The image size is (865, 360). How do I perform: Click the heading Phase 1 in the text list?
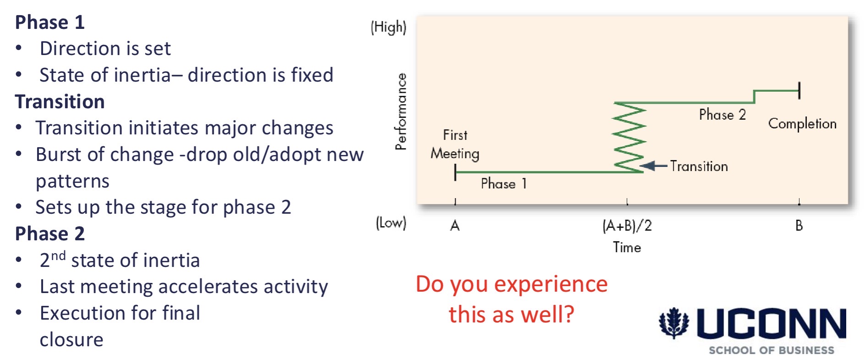pyautogui.click(x=50, y=22)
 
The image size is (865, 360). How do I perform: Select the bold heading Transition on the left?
pyautogui.click(x=60, y=102)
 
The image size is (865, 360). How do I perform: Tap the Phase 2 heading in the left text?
pyautogui.click(x=50, y=234)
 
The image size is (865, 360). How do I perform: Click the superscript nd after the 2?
pyautogui.click(x=58, y=256)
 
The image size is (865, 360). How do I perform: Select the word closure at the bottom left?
pyautogui.click(x=71, y=340)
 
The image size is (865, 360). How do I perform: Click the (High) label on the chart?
pyautogui.click(x=388, y=28)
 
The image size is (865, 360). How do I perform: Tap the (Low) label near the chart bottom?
pyautogui.click(x=391, y=223)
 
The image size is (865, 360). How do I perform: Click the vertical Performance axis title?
pyautogui.click(x=401, y=111)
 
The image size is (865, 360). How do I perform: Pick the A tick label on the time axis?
pyautogui.click(x=455, y=226)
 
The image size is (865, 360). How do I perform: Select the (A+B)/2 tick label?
pyautogui.click(x=627, y=226)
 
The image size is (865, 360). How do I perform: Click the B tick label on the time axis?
pyautogui.click(x=799, y=226)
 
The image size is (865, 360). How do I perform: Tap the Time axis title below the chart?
pyautogui.click(x=627, y=248)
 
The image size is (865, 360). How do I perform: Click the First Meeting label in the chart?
pyautogui.click(x=455, y=144)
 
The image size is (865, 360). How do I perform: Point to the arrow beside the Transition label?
pyautogui.click(x=653, y=166)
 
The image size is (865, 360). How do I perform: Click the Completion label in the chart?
pyautogui.click(x=802, y=124)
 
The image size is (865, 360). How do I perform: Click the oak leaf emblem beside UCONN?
pyautogui.click(x=673, y=323)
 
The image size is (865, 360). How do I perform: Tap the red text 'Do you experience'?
pyautogui.click(x=511, y=284)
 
